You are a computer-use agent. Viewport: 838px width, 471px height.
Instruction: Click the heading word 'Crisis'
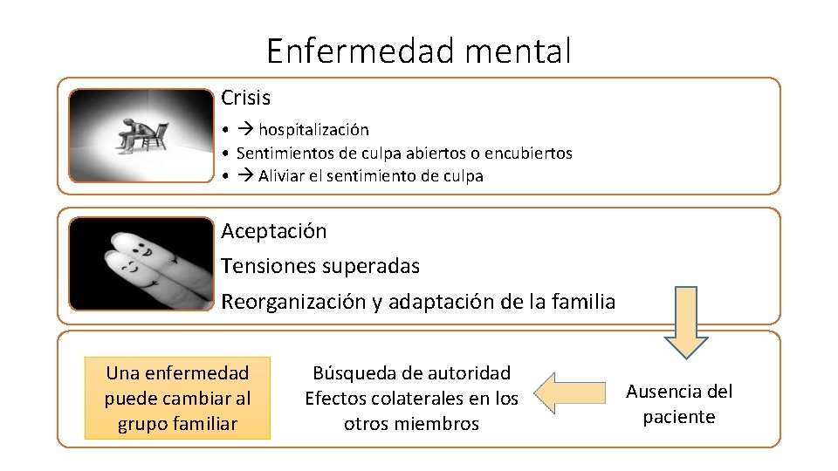(245, 98)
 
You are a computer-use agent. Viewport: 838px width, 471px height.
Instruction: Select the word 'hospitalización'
(313, 130)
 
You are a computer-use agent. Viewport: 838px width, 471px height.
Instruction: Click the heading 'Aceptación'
(274, 231)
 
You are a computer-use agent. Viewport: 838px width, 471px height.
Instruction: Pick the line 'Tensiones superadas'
(320, 265)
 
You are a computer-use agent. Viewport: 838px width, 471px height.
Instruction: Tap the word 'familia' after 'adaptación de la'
(583, 302)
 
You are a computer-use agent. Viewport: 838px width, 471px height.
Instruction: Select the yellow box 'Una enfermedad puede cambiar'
(177, 398)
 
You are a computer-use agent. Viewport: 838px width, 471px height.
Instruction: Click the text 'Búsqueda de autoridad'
(411, 373)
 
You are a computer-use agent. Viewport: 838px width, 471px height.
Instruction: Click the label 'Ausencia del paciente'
(679, 404)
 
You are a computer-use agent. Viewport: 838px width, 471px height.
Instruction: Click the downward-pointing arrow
(685, 321)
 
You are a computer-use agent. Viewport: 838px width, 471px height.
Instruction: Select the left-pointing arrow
(568, 392)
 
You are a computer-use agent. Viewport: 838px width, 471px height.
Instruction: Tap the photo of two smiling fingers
(141, 263)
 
